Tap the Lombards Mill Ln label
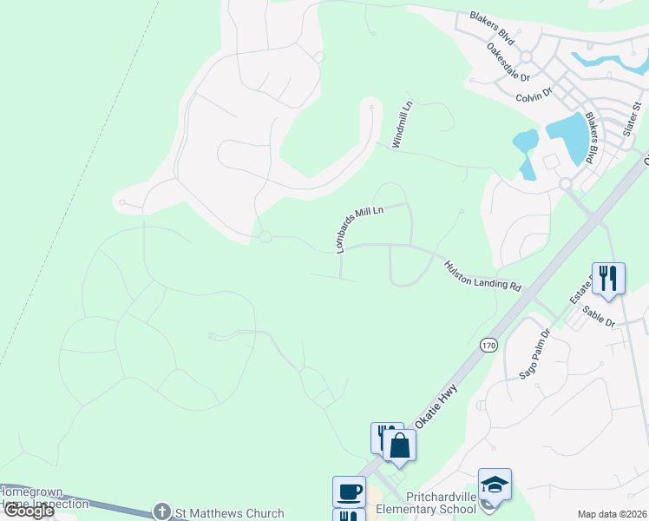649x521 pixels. tap(359, 229)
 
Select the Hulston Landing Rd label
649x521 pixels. tap(482, 276)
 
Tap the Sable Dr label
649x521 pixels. tap(599, 317)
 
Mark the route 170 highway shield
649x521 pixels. tap(488, 346)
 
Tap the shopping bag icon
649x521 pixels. tap(399, 445)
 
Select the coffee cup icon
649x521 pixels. tap(349, 491)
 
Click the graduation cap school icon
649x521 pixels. tap(495, 485)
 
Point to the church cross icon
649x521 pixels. tap(161, 512)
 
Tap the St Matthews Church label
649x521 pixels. tap(230, 513)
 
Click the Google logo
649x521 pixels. tap(29, 511)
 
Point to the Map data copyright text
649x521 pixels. tap(611, 514)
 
